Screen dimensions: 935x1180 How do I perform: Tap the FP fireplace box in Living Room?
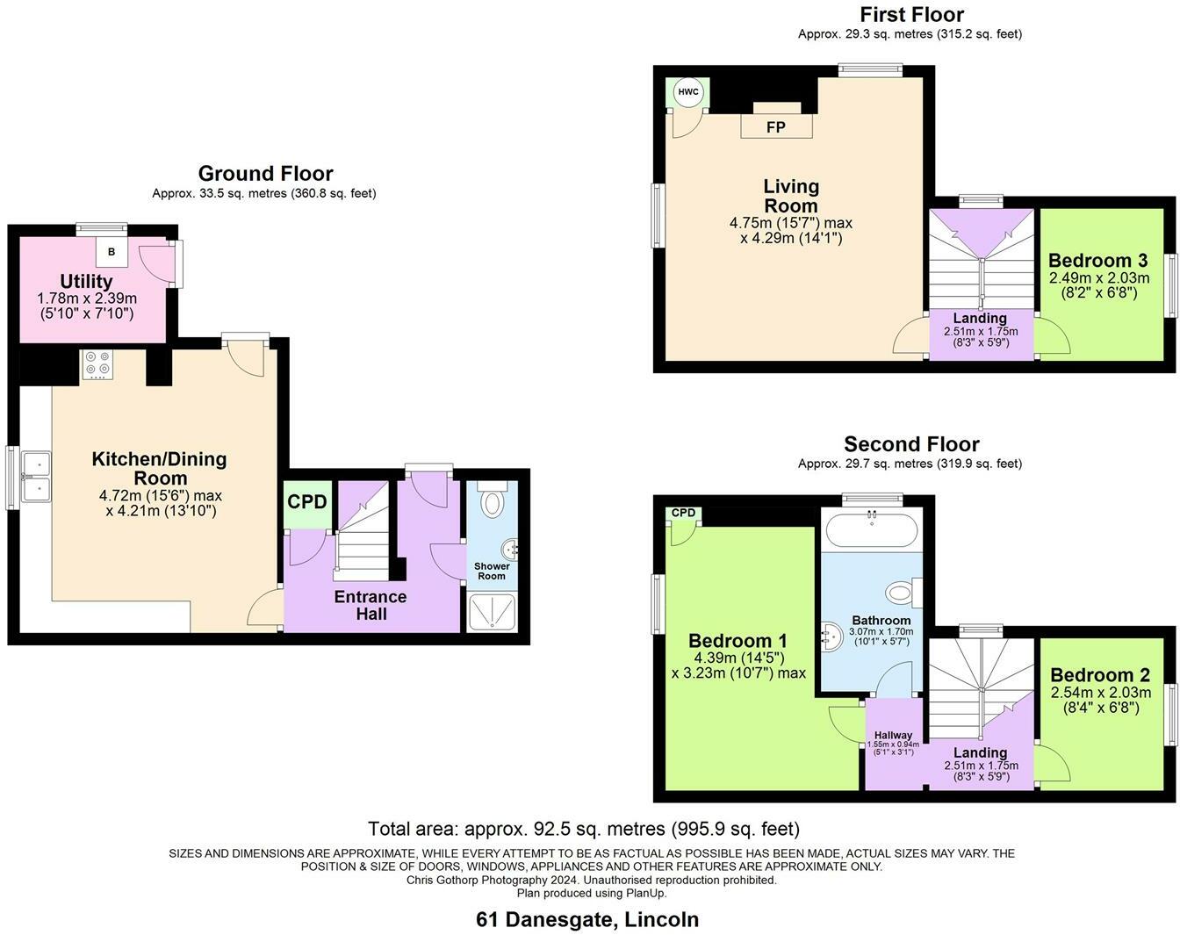pyautogui.click(x=776, y=127)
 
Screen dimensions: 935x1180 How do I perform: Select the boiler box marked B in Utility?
pyautogui.click(x=112, y=252)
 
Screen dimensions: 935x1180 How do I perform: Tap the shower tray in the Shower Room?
pyautogui.click(x=493, y=613)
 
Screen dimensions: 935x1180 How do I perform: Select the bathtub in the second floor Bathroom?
pyautogui.click(x=871, y=529)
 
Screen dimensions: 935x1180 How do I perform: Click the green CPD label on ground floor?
pyautogui.click(x=307, y=502)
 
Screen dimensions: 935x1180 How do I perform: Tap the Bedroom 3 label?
pyautogui.click(x=1097, y=261)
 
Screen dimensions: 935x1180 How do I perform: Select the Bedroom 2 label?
pyautogui.click(x=1099, y=675)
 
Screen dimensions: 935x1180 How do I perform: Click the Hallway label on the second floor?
pyautogui.click(x=893, y=735)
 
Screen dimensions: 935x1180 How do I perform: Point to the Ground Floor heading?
pyautogui.click(x=265, y=173)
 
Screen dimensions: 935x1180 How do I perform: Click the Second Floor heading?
pyautogui.click(x=911, y=444)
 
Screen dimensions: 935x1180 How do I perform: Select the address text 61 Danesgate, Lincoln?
pyautogui.click(x=587, y=919)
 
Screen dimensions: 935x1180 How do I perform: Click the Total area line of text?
pyautogui.click(x=584, y=828)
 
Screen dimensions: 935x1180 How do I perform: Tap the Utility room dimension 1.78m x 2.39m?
pyautogui.click(x=87, y=298)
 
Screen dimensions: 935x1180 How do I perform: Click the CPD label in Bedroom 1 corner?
pyautogui.click(x=683, y=513)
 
